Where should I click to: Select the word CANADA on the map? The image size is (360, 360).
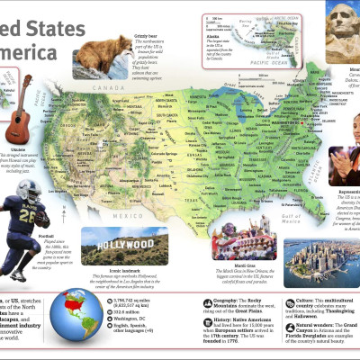pyautogui.click(x=111, y=90)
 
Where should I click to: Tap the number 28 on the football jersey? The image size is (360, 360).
pyautogui.click(x=30, y=216)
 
